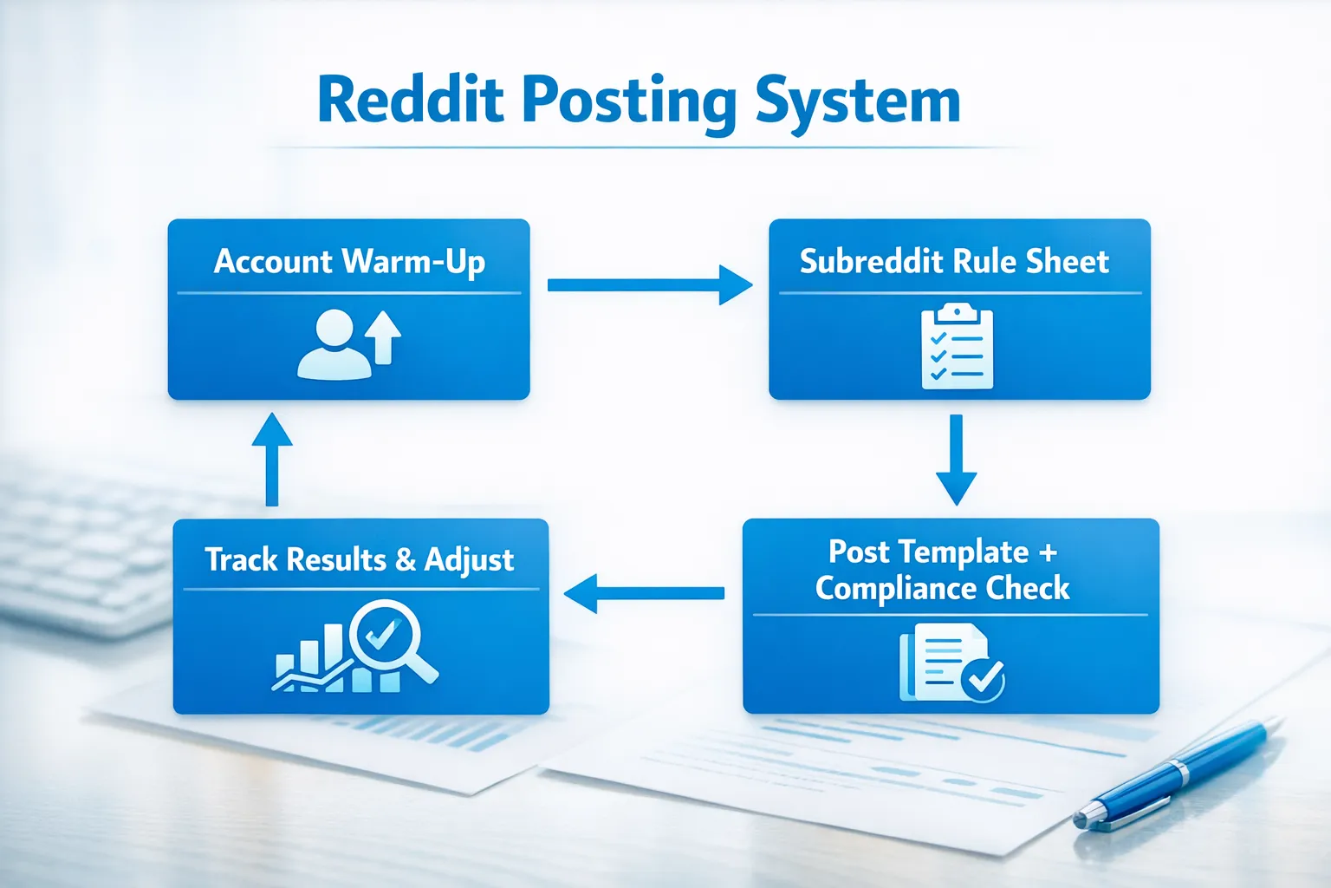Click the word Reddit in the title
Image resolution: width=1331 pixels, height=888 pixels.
(410, 101)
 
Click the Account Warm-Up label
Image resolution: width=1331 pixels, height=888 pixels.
(349, 261)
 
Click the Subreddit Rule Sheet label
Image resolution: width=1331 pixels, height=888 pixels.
(954, 261)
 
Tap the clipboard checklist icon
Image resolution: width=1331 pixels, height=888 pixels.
(957, 346)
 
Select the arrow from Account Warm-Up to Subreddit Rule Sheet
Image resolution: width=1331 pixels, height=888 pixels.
(649, 284)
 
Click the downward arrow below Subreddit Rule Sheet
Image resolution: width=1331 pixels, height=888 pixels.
(956, 459)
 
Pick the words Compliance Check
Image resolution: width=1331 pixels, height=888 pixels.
(943, 588)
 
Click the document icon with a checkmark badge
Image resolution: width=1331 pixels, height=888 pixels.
(951, 663)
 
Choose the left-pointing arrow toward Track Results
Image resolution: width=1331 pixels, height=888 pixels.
(645, 593)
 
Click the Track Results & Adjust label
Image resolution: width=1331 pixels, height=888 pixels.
(360, 559)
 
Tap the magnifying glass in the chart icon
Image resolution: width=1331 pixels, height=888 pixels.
(387, 639)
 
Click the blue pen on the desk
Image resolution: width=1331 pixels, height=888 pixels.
(1174, 772)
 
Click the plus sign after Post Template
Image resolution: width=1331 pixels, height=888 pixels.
(1048, 552)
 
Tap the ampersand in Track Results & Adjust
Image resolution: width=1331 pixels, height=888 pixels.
(405, 559)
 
